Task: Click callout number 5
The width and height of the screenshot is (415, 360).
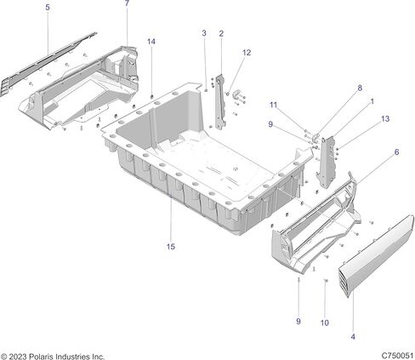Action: [x=48, y=8]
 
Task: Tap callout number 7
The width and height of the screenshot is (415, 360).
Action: [x=127, y=3]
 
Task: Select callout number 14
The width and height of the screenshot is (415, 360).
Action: [x=151, y=42]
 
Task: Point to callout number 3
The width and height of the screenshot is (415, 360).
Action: [x=204, y=33]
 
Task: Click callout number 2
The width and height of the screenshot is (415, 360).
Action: [x=221, y=33]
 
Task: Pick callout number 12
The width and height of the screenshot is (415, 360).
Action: [x=247, y=53]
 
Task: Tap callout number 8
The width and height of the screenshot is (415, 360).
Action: [x=360, y=88]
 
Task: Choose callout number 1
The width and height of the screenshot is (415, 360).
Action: [x=372, y=101]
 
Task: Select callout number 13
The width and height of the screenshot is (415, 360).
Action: [x=385, y=118]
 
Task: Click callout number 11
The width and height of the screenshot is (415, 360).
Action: [x=273, y=105]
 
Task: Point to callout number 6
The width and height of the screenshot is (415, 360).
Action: [x=396, y=152]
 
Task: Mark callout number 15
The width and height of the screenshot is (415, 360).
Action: [x=171, y=247]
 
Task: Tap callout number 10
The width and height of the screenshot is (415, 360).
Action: [x=325, y=323]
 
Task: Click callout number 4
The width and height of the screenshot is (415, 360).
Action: [x=353, y=337]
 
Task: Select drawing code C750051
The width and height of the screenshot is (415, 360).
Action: [x=397, y=356]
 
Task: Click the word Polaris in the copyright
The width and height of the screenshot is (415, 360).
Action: [x=41, y=357]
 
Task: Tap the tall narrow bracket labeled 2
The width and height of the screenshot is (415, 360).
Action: [x=221, y=102]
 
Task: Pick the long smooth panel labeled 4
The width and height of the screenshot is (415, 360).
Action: [x=376, y=255]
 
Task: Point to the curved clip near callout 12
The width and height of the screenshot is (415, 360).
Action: [x=236, y=94]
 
